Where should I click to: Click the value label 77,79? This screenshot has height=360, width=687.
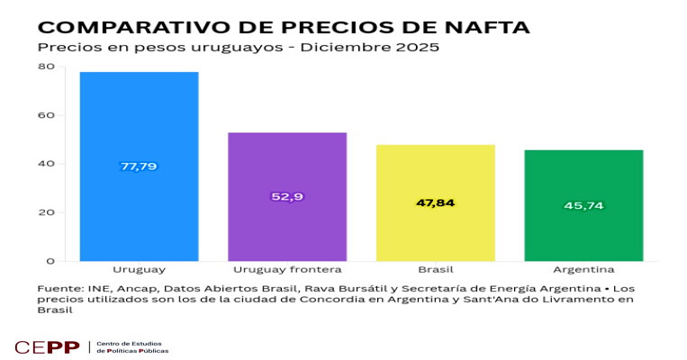(139, 166)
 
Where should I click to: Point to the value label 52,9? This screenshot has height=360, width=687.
(286, 196)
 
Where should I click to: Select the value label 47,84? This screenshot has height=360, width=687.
(435, 202)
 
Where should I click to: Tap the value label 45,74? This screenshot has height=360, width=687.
(583, 205)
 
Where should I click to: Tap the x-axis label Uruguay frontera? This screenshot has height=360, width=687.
(286, 269)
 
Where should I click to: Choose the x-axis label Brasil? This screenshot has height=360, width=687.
(435, 269)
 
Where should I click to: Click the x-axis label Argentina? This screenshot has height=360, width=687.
(583, 269)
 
